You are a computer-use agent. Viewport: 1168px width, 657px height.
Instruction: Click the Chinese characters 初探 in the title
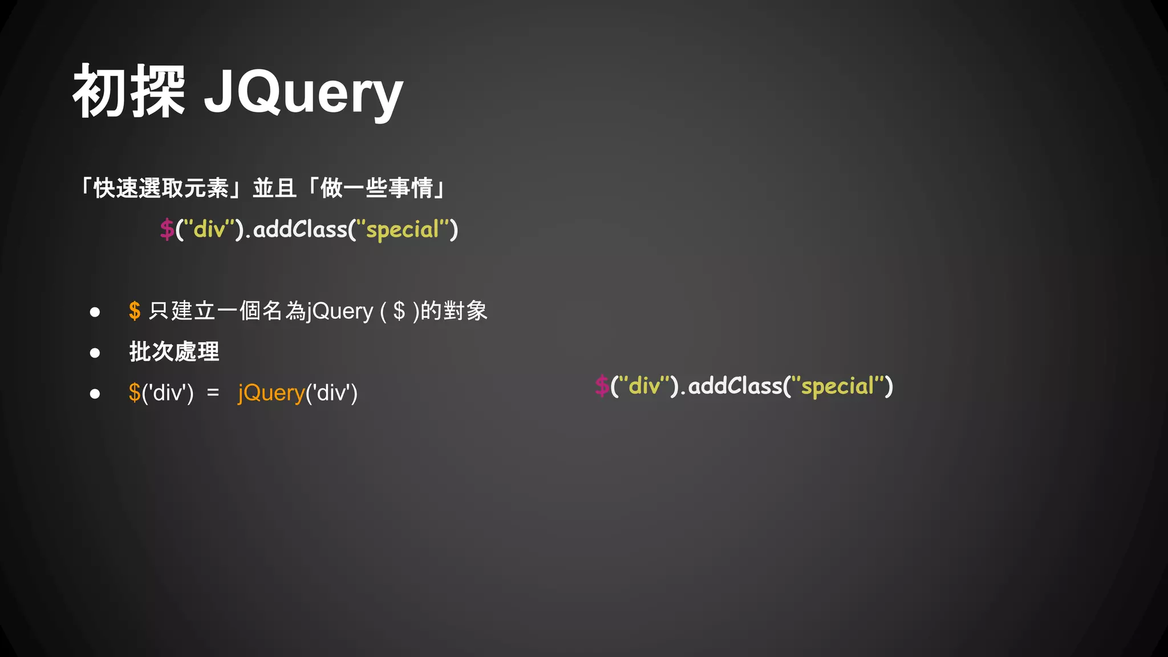click(x=129, y=91)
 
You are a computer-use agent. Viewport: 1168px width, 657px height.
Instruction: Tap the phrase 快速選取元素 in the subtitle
click(x=161, y=188)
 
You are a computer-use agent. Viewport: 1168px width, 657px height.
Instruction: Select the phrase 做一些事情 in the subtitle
click(x=376, y=188)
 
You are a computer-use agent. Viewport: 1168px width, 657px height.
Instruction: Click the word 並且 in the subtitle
click(x=274, y=188)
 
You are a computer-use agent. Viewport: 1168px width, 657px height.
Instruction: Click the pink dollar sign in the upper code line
click(x=167, y=229)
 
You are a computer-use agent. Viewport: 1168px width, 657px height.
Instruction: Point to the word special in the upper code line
click(x=402, y=230)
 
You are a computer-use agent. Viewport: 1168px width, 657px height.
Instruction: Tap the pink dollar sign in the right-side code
click(x=602, y=386)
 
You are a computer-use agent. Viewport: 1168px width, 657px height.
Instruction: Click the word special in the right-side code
click(x=837, y=387)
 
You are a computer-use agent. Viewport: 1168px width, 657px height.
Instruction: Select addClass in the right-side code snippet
click(x=736, y=386)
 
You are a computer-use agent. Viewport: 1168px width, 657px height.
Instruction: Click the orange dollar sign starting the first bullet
click(x=135, y=311)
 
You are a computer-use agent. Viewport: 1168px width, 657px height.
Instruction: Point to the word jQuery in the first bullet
click(x=340, y=311)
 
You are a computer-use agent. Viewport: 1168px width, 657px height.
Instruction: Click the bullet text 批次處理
click(x=174, y=351)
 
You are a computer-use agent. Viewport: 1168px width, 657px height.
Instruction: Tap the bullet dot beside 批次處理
click(x=95, y=353)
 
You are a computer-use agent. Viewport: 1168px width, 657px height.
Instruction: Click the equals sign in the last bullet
click(x=213, y=392)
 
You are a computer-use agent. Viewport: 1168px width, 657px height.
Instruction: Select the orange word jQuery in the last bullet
click(x=271, y=393)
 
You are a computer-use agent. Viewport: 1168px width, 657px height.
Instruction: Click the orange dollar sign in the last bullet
click(x=135, y=392)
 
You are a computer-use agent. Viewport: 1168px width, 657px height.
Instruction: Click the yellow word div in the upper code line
click(x=209, y=229)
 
